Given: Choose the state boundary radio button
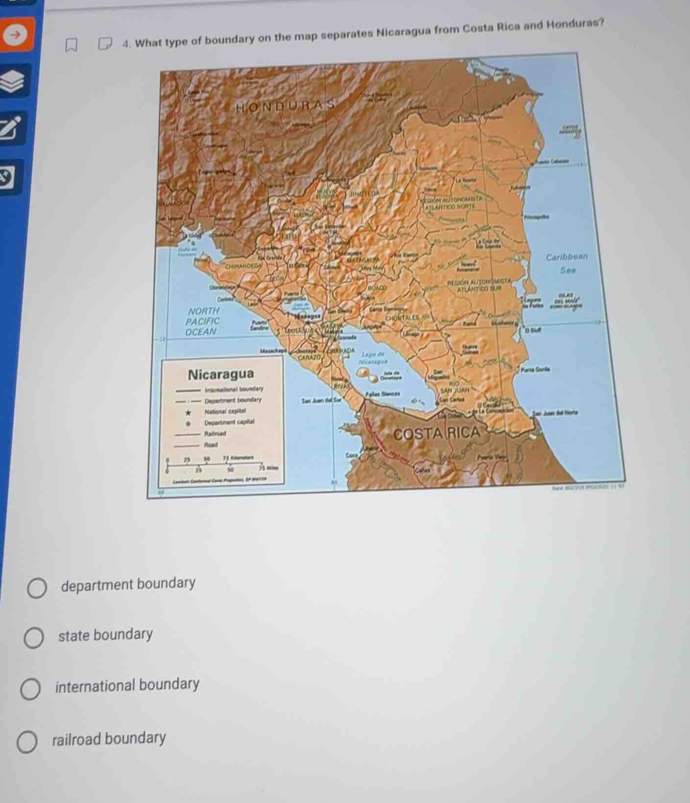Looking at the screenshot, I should pos(33,638).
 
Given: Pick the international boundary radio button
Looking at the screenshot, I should pos(30,689).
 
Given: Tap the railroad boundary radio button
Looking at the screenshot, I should pos(26,742).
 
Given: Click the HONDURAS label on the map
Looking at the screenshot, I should pos(286,106).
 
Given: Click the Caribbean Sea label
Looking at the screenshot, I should pos(567,263).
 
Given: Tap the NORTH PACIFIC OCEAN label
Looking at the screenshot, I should pos(203,321).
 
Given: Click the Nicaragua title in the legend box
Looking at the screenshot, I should pos(221,375).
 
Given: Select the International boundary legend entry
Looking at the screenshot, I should pos(234,390).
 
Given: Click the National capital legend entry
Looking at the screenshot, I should pos(225,412).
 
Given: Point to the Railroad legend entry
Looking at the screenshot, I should pos(215,434).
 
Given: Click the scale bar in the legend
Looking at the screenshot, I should pos(215,462).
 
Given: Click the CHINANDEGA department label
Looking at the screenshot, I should pos(243,266).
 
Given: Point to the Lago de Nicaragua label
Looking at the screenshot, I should pos(374,357).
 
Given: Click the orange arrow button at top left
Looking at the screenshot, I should pos(17,34).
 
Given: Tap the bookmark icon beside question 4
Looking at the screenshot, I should pos(71,46).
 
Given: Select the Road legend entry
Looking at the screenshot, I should pos(211,445).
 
